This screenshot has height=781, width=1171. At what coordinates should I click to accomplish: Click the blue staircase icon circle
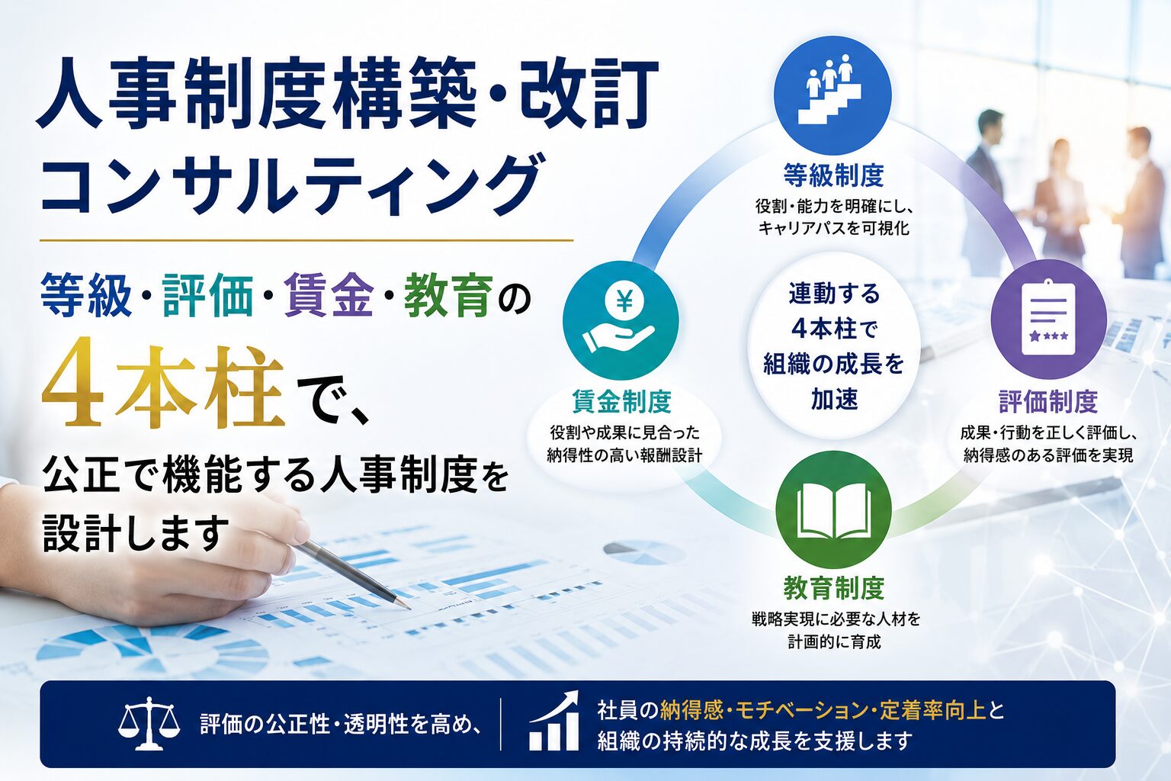833,92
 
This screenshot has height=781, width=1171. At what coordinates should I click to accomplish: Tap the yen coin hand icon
621,320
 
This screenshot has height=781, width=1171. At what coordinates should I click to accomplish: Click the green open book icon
834,510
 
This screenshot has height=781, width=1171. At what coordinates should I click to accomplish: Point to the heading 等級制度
833,175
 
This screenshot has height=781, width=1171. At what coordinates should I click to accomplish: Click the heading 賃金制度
621,402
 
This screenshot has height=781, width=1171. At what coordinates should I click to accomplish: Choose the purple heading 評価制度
1049,402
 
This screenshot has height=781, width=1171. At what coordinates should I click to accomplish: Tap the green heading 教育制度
834,588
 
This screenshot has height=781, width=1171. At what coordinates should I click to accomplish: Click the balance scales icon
149,724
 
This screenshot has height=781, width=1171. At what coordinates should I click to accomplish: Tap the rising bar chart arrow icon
555,721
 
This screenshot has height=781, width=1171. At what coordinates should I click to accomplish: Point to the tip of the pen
409,609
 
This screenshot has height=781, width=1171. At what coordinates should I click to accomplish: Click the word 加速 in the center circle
834,399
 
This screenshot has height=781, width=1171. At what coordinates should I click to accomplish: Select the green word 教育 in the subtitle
448,296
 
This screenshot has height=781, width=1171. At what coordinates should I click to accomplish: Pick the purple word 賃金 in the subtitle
329,296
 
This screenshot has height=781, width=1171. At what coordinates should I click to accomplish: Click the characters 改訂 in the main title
588,94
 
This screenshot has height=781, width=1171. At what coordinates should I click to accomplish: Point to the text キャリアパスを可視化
833,228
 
